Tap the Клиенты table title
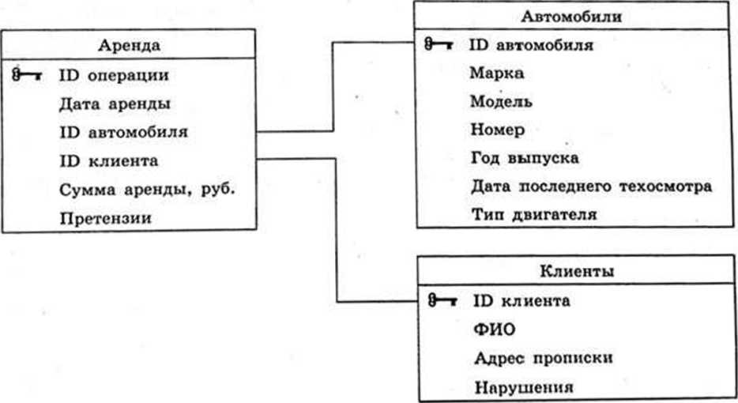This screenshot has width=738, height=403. tap(577, 271)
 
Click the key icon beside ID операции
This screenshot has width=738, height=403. tap(27, 75)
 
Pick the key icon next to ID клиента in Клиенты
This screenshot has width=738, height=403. tap(442, 300)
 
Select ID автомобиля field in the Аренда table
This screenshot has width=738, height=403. tap(123, 132)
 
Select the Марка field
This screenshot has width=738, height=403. tap(496, 73)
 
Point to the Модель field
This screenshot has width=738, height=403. tap(501, 101)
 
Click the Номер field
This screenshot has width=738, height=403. tap(497, 129)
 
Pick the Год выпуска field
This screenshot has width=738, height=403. tap(524, 157)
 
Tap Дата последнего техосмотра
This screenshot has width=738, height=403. tap(591, 186)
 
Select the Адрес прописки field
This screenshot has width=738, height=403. tap(544, 357)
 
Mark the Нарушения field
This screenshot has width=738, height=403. tap(522, 386)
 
